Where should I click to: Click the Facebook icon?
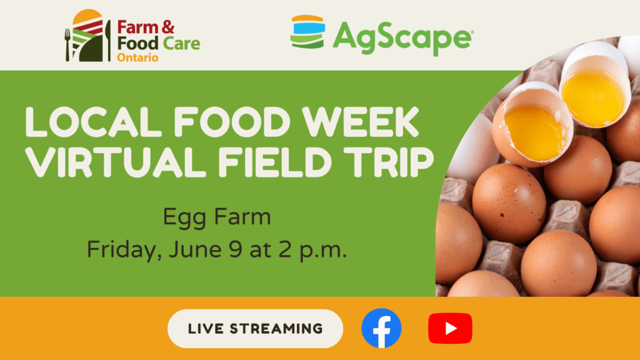[381, 328]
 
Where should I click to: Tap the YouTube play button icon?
[450, 328]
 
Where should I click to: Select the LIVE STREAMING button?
[255, 329]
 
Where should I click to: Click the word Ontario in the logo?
[137, 57]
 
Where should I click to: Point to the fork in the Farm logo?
[67, 44]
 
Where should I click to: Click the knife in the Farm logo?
[108, 41]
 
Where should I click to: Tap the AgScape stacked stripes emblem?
[307, 32]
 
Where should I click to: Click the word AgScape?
[402, 37]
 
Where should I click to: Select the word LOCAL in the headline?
[94, 122]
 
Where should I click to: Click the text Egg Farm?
[217, 217]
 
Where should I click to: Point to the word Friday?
[122, 250]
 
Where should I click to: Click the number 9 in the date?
[236, 249]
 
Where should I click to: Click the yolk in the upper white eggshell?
[591, 97]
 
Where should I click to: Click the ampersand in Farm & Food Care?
[168, 27]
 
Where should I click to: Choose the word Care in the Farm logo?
[181, 44]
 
